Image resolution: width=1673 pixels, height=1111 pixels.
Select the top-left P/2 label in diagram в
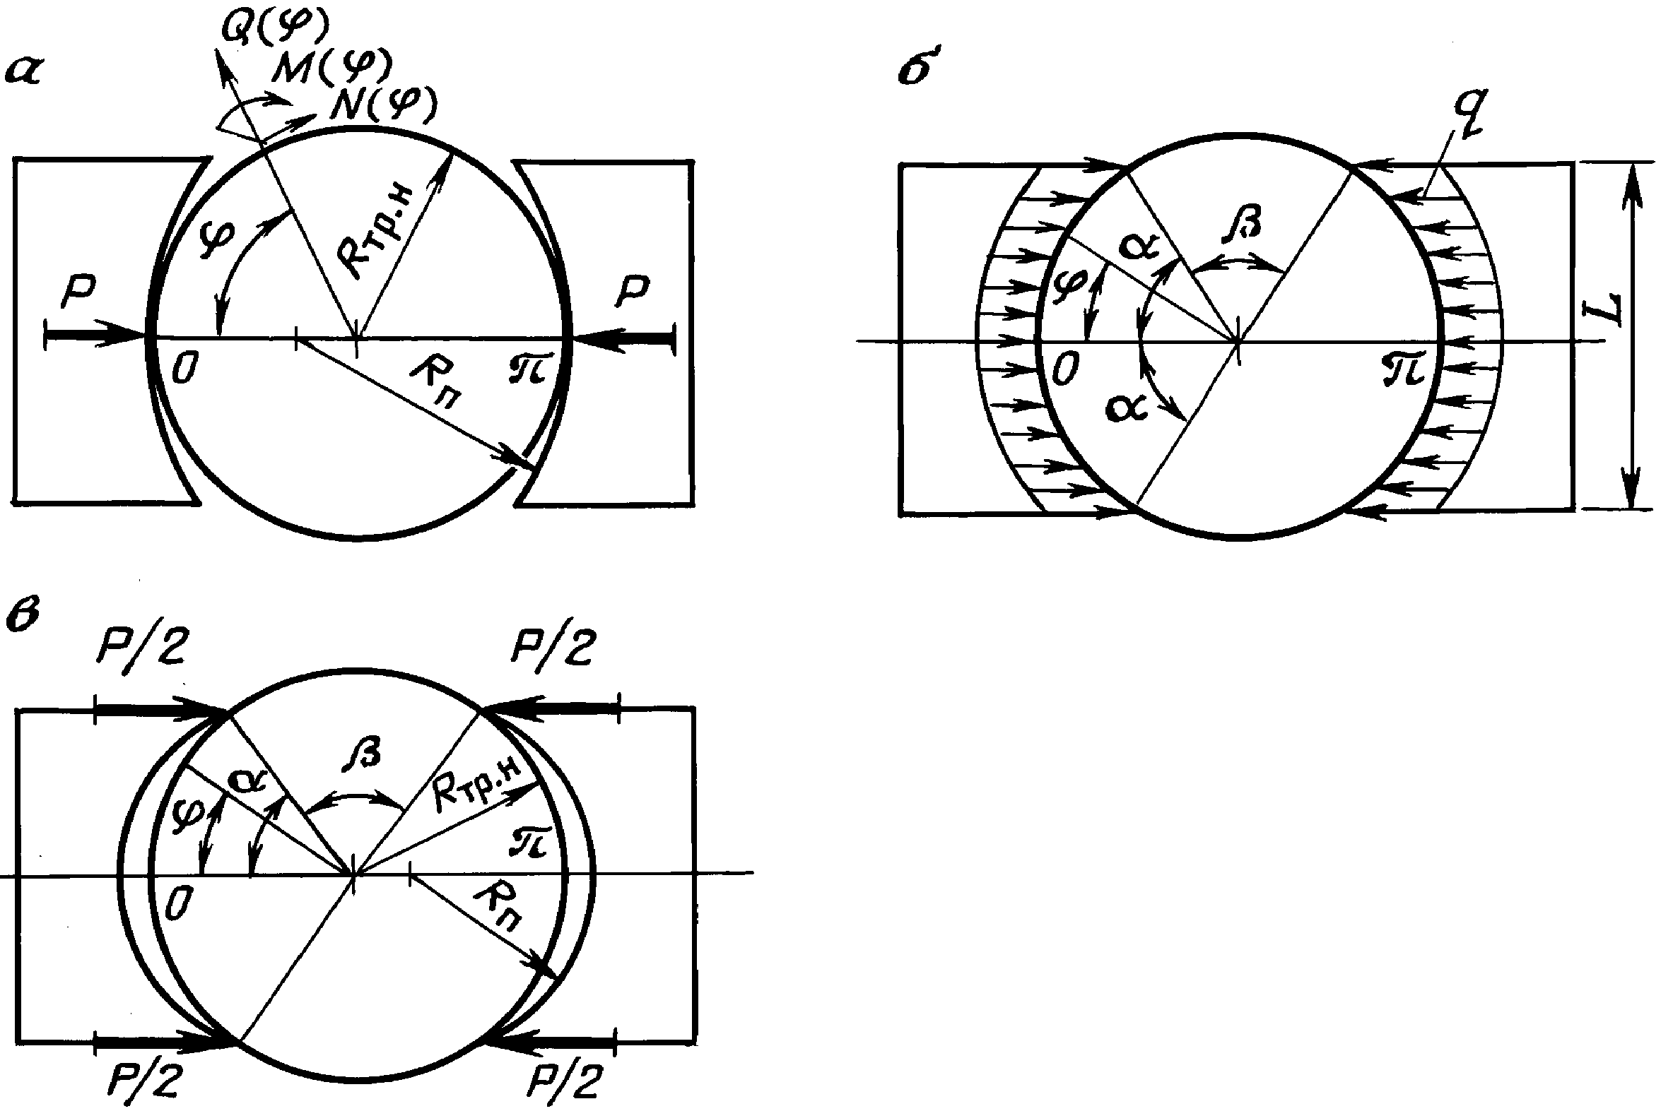point(142,644)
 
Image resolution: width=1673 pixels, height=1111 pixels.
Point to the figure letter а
point(23,72)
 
